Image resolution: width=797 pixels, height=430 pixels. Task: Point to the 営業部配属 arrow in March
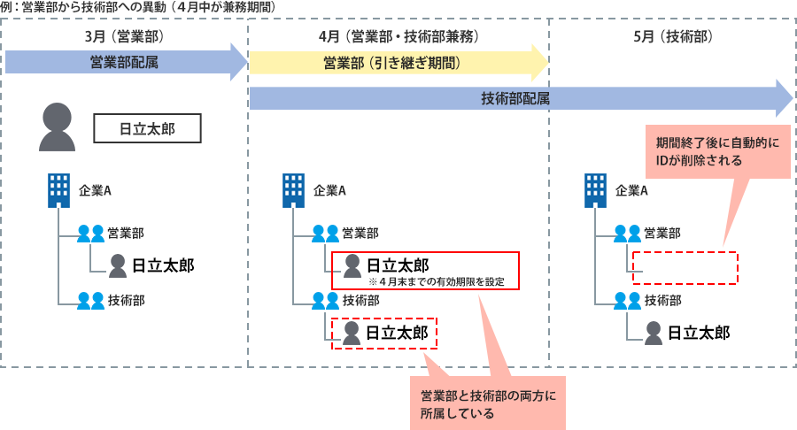click(124, 61)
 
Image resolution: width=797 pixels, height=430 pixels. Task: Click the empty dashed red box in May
click(685, 267)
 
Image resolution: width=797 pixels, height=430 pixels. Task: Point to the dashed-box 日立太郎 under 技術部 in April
click(385, 334)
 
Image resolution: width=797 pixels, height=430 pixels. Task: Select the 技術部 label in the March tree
click(127, 299)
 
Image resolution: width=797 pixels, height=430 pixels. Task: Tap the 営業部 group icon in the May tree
click(626, 234)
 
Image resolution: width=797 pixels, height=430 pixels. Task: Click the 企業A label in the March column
click(95, 189)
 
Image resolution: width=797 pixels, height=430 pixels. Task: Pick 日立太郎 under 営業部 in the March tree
click(163, 264)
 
